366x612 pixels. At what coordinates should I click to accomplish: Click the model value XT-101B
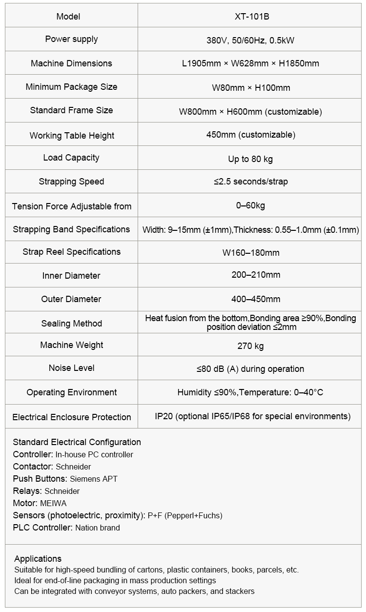[252, 17]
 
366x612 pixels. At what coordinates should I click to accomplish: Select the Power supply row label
[72, 39]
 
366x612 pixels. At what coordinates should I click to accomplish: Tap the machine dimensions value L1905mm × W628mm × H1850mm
[251, 63]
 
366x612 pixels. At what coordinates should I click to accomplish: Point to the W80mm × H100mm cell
[251, 88]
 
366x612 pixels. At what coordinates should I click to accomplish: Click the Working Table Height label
[72, 136]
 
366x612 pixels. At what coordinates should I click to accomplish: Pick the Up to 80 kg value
[251, 159]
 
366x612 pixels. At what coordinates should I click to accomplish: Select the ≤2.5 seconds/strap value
[251, 182]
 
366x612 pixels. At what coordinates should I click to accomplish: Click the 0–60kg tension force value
[250, 205]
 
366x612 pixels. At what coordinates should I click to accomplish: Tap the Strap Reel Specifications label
[72, 252]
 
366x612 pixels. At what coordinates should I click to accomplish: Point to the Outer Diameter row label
[71, 299]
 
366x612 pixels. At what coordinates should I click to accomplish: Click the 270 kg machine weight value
[251, 346]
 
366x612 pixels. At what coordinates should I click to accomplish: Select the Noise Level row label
[72, 368]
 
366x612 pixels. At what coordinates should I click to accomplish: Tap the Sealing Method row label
[72, 324]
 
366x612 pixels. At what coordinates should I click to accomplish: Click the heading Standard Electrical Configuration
[77, 442]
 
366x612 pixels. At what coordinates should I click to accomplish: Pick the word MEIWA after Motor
[53, 503]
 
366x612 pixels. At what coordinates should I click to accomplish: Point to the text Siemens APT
[94, 479]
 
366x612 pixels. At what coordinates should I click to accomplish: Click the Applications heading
[38, 559]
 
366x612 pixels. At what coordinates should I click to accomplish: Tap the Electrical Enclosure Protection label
[72, 417]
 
